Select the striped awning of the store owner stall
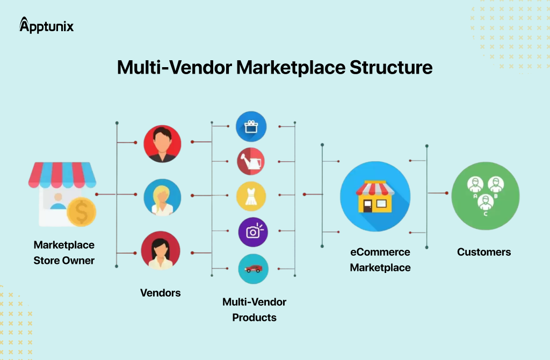point(61,174)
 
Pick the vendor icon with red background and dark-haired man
point(163,143)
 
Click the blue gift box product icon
point(251,126)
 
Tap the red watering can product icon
point(251,161)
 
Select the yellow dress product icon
point(251,196)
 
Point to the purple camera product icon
point(252,232)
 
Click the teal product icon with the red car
point(253,269)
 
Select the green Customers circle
point(485,196)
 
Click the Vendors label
point(160,293)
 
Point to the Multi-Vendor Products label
point(254,309)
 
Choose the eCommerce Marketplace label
point(380,260)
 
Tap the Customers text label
point(484,251)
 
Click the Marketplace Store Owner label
point(64,253)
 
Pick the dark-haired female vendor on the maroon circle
point(161,251)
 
